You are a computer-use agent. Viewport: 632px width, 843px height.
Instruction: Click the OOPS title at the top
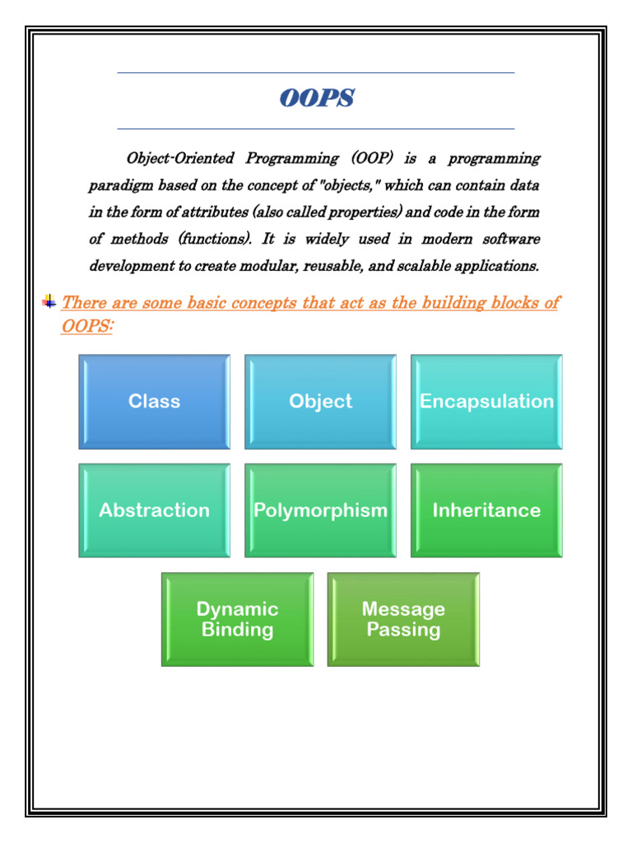(316, 99)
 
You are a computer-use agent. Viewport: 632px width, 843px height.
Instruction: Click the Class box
(154, 402)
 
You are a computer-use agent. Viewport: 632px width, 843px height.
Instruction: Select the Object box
(320, 402)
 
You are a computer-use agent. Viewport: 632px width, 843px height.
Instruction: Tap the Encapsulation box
(486, 402)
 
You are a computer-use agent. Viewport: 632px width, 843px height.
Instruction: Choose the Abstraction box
(154, 510)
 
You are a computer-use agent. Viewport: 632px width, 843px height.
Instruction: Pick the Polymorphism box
(320, 510)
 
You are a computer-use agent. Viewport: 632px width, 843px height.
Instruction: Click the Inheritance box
(486, 510)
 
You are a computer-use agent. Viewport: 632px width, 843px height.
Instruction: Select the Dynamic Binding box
(237, 619)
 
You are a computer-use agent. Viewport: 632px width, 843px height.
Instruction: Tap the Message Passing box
(403, 619)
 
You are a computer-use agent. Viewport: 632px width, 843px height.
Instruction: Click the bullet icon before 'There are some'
(49, 301)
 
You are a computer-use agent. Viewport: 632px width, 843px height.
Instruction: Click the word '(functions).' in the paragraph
(218, 240)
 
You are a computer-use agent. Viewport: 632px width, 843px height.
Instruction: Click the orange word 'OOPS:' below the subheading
(87, 326)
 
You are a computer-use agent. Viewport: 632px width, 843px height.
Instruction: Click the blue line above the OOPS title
(316, 72)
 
